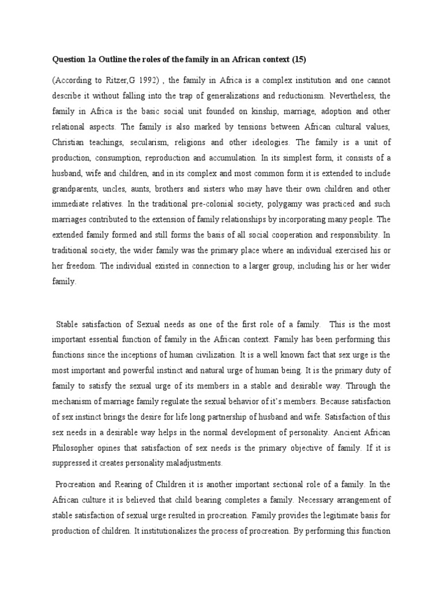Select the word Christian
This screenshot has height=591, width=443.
pos(69,141)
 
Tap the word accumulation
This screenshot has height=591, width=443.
pos(245,156)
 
